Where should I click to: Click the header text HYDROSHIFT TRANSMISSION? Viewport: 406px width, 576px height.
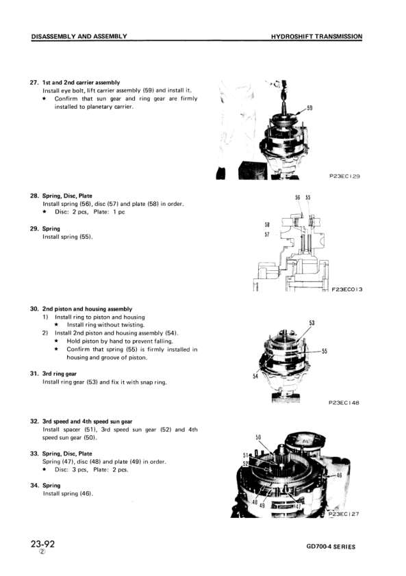316,36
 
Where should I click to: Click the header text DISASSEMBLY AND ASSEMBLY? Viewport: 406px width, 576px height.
79,36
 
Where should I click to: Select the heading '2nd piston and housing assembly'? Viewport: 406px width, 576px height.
88,309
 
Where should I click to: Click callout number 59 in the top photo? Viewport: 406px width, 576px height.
309,108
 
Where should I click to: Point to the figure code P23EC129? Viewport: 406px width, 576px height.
344,176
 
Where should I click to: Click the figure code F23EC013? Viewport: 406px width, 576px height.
346,289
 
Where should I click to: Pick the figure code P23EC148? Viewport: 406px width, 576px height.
344,403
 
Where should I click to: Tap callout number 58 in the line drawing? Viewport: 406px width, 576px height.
267,224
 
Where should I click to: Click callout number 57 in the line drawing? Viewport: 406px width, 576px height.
267,234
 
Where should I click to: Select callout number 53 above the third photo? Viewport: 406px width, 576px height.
312,322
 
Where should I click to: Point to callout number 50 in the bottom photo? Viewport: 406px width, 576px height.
258,436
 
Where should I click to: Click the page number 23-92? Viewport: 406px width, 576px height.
42,545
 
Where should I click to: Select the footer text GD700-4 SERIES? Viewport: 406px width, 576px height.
331,547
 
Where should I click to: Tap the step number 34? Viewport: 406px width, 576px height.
34,486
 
